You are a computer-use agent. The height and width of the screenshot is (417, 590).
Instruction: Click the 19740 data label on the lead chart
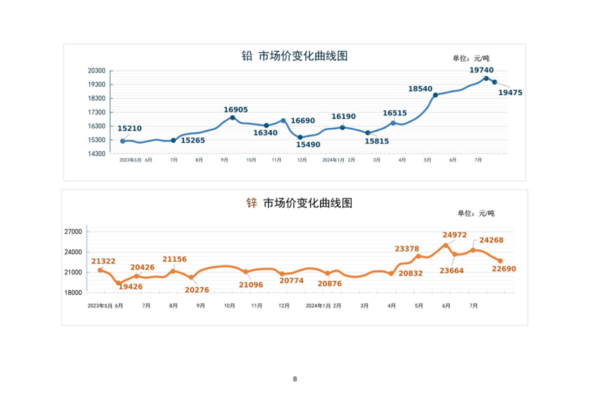click(x=481, y=70)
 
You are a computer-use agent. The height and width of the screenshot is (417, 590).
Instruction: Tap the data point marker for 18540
click(x=436, y=95)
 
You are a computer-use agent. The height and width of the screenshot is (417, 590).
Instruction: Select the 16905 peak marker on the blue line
click(x=233, y=118)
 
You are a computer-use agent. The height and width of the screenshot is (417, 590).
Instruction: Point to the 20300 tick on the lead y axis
click(x=96, y=71)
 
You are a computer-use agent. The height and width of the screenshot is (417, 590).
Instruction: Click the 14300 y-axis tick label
click(x=96, y=154)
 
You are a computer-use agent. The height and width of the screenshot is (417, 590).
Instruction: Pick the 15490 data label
click(x=308, y=145)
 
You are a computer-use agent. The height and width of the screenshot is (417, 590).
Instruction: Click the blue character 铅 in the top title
click(x=247, y=56)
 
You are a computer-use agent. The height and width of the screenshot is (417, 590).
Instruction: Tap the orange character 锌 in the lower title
click(x=252, y=203)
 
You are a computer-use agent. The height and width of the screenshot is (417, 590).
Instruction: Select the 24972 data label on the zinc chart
click(x=455, y=235)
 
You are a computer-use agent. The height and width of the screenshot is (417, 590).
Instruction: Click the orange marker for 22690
click(x=500, y=261)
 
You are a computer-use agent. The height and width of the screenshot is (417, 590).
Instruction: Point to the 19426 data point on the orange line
click(x=119, y=283)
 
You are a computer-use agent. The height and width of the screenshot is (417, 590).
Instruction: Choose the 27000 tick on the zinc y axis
click(x=73, y=232)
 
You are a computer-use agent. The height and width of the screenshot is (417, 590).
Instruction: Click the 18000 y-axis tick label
click(x=73, y=293)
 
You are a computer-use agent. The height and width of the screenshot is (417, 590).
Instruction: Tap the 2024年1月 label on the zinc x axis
click(x=318, y=306)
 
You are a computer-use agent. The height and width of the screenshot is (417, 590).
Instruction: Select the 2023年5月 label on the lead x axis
click(x=130, y=160)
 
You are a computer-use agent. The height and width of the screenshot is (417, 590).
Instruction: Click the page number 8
click(x=295, y=379)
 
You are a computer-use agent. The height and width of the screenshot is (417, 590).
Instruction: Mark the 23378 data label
click(x=407, y=249)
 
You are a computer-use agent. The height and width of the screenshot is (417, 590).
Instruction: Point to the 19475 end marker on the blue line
click(x=495, y=82)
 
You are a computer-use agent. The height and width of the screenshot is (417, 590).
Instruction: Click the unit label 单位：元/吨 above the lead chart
click(x=471, y=59)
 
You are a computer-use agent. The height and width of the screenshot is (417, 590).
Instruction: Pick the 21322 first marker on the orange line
click(x=100, y=270)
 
